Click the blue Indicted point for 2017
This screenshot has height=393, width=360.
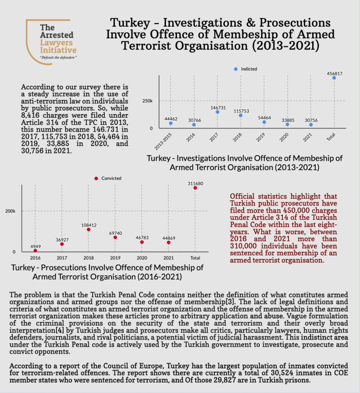click(x=218, y=112)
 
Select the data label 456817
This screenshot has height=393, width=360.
click(x=334, y=73)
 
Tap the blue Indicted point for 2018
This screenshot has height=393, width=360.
click(x=241, y=115)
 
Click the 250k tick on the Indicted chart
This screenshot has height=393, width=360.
click(x=148, y=101)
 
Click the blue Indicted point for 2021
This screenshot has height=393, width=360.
click(x=311, y=125)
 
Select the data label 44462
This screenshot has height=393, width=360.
click(x=171, y=119)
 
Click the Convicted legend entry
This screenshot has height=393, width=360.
click(x=109, y=178)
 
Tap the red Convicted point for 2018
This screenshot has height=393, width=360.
click(x=88, y=229)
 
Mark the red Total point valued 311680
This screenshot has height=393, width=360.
click(x=195, y=188)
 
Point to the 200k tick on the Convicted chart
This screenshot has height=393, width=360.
click(x=10, y=211)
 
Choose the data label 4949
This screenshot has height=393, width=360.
click(x=35, y=246)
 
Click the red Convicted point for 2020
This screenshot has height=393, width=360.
click(x=142, y=242)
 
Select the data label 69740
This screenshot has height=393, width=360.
click(x=115, y=233)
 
